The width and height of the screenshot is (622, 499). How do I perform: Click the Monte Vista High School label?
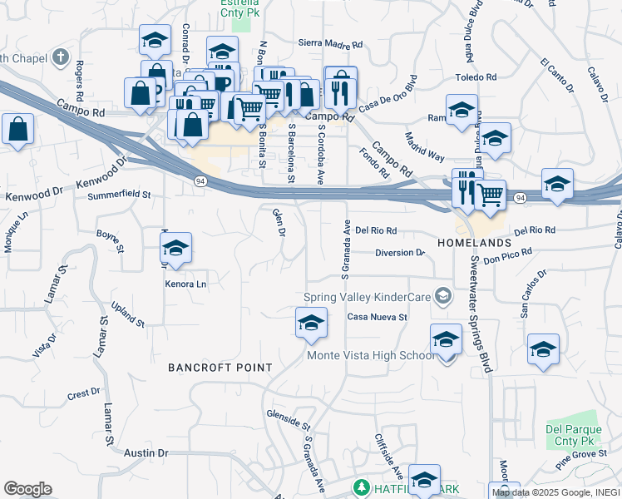(x=371, y=356)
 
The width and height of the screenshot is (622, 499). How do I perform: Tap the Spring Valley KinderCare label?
(x=370, y=296)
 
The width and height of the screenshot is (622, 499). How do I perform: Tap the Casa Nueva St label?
(x=377, y=317)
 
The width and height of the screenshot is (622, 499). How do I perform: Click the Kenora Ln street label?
(x=185, y=284)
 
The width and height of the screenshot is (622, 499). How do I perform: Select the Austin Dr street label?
(x=146, y=453)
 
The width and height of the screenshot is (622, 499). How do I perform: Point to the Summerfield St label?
(x=119, y=196)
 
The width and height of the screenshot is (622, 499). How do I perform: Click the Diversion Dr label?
(x=399, y=253)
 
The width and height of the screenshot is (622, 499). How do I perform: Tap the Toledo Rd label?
(x=476, y=77)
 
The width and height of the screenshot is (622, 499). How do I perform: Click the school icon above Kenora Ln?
(x=175, y=249)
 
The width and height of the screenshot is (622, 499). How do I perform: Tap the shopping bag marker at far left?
(x=17, y=131)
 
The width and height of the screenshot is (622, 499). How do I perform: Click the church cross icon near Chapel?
(x=59, y=57)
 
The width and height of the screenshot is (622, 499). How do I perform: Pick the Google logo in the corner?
(x=27, y=489)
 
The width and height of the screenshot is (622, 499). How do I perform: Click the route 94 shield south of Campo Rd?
(x=200, y=180)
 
